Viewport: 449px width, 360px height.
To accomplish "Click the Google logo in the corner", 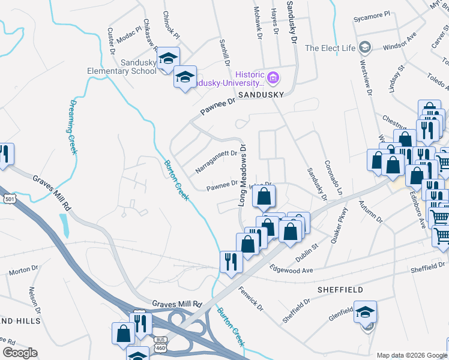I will [x=20, y=353].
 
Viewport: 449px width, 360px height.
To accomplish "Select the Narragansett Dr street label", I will [x=216, y=161].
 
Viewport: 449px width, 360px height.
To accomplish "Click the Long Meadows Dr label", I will [x=243, y=175].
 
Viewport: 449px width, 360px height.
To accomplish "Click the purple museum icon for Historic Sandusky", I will [x=273, y=77].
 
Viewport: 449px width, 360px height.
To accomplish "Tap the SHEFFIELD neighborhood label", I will [x=340, y=290].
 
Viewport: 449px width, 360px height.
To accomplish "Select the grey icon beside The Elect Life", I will [x=364, y=48].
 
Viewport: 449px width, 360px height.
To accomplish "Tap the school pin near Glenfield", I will [x=365, y=312].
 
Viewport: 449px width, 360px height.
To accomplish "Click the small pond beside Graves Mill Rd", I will [x=64, y=225].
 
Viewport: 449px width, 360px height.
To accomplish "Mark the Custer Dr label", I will [x=111, y=41].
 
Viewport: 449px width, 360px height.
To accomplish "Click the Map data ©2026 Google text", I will [x=411, y=355].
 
